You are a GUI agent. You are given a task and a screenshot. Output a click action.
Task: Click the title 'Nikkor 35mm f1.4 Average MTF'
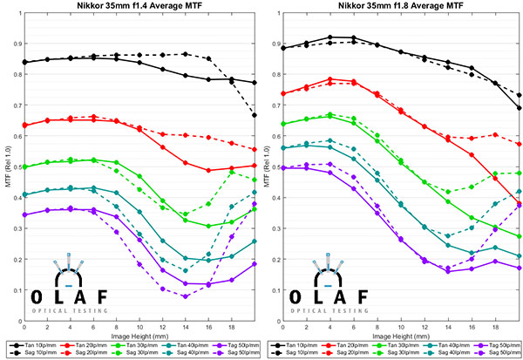point(132,6)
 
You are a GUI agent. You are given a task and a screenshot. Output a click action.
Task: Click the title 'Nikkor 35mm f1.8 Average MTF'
point(396,6)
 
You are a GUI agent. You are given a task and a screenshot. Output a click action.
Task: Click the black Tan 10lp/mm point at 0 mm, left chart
point(25,62)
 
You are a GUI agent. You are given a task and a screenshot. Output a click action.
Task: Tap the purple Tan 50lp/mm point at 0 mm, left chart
point(25,214)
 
